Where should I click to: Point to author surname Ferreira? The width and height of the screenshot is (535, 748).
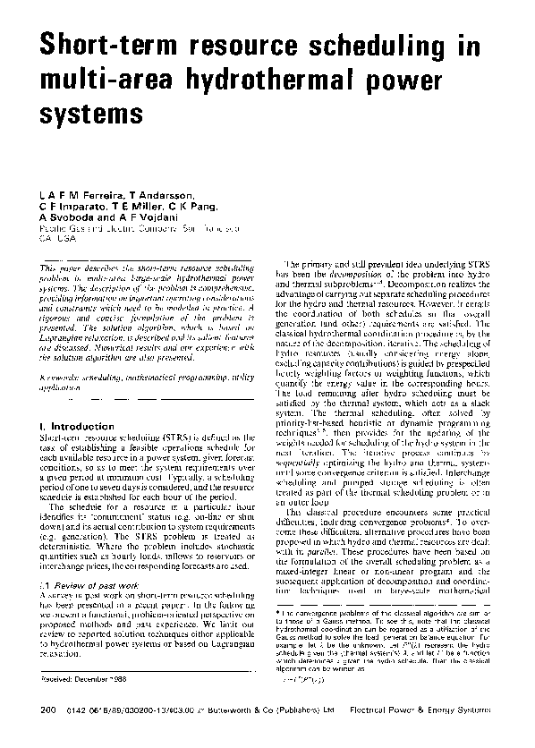click(98, 195)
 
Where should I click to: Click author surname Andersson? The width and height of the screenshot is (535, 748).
click(166, 195)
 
